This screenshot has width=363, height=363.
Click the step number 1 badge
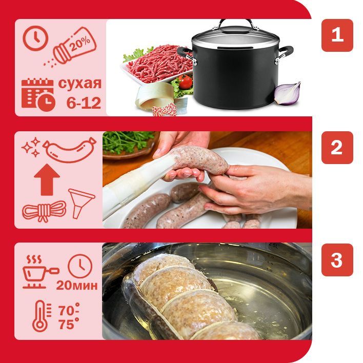click(x=337, y=35)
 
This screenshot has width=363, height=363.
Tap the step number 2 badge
click(x=337, y=148)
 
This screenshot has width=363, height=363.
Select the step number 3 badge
click(x=337, y=260)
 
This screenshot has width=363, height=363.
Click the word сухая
click(x=80, y=83)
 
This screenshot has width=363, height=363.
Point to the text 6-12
click(x=84, y=103)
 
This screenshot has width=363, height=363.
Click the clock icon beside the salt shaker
click(x=36, y=38)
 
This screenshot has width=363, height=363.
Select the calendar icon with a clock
click(x=38, y=95)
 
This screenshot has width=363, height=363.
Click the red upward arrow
click(x=47, y=179)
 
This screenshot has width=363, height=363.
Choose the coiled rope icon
click(x=44, y=211)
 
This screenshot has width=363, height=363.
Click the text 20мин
click(x=77, y=285)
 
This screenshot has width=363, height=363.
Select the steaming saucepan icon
click(x=40, y=272)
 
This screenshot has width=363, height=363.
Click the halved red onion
click(x=288, y=94)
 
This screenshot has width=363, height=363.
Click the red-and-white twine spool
click(x=164, y=110)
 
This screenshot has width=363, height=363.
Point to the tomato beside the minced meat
click(x=186, y=82)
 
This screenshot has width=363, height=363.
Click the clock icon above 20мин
click(x=80, y=266)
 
